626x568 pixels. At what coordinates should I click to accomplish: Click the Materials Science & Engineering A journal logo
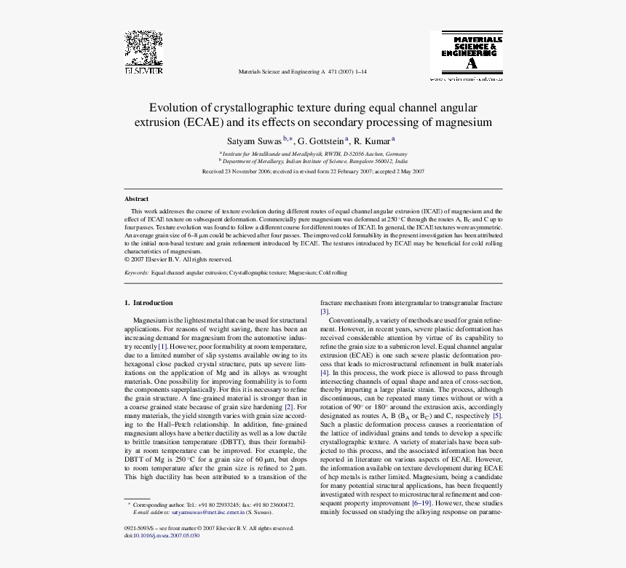tap(467, 55)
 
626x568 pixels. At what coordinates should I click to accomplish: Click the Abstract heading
tap(136, 199)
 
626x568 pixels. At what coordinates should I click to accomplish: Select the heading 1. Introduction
tap(148, 302)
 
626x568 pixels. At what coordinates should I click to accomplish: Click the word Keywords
tap(136, 272)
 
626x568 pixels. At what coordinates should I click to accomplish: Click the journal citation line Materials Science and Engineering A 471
tap(302, 71)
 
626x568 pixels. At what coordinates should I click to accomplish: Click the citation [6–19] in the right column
tap(420, 502)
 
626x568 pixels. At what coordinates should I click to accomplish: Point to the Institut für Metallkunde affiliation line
tap(314, 154)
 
